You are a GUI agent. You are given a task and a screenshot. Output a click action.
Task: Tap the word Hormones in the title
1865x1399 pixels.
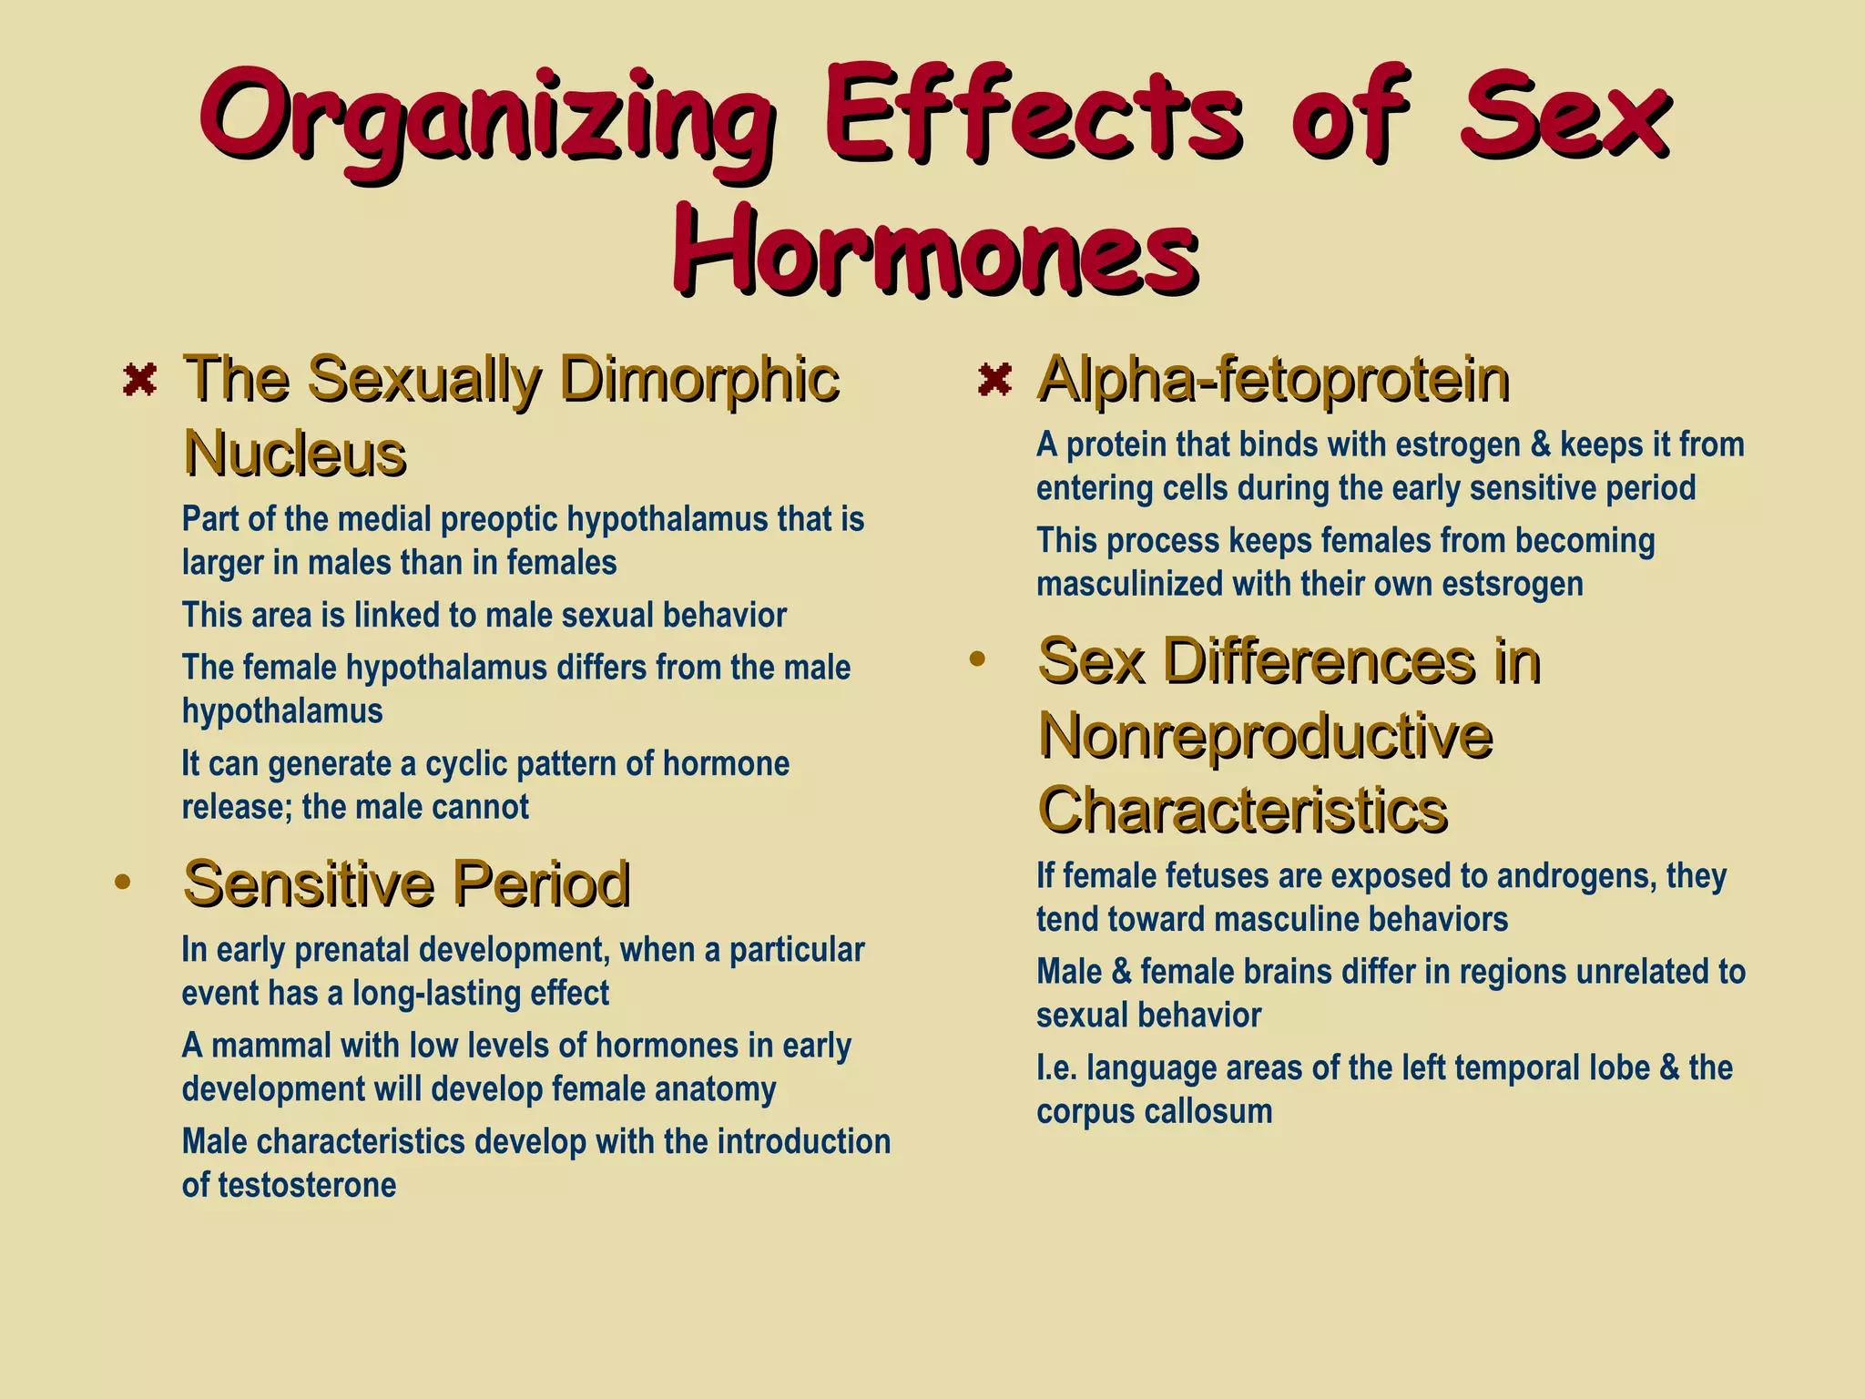934,247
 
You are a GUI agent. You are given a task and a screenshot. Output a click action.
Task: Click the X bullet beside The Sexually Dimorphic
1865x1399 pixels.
139,379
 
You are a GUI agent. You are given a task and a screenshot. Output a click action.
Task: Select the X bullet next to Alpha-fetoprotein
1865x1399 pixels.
994,379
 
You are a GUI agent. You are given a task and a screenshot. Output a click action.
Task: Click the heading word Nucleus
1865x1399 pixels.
294,453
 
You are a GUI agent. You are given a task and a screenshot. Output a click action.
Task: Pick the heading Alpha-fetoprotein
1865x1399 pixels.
1273,379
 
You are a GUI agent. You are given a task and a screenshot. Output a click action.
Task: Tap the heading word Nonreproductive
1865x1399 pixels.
1265,735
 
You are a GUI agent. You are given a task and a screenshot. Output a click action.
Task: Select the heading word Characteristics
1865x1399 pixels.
1243,810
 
